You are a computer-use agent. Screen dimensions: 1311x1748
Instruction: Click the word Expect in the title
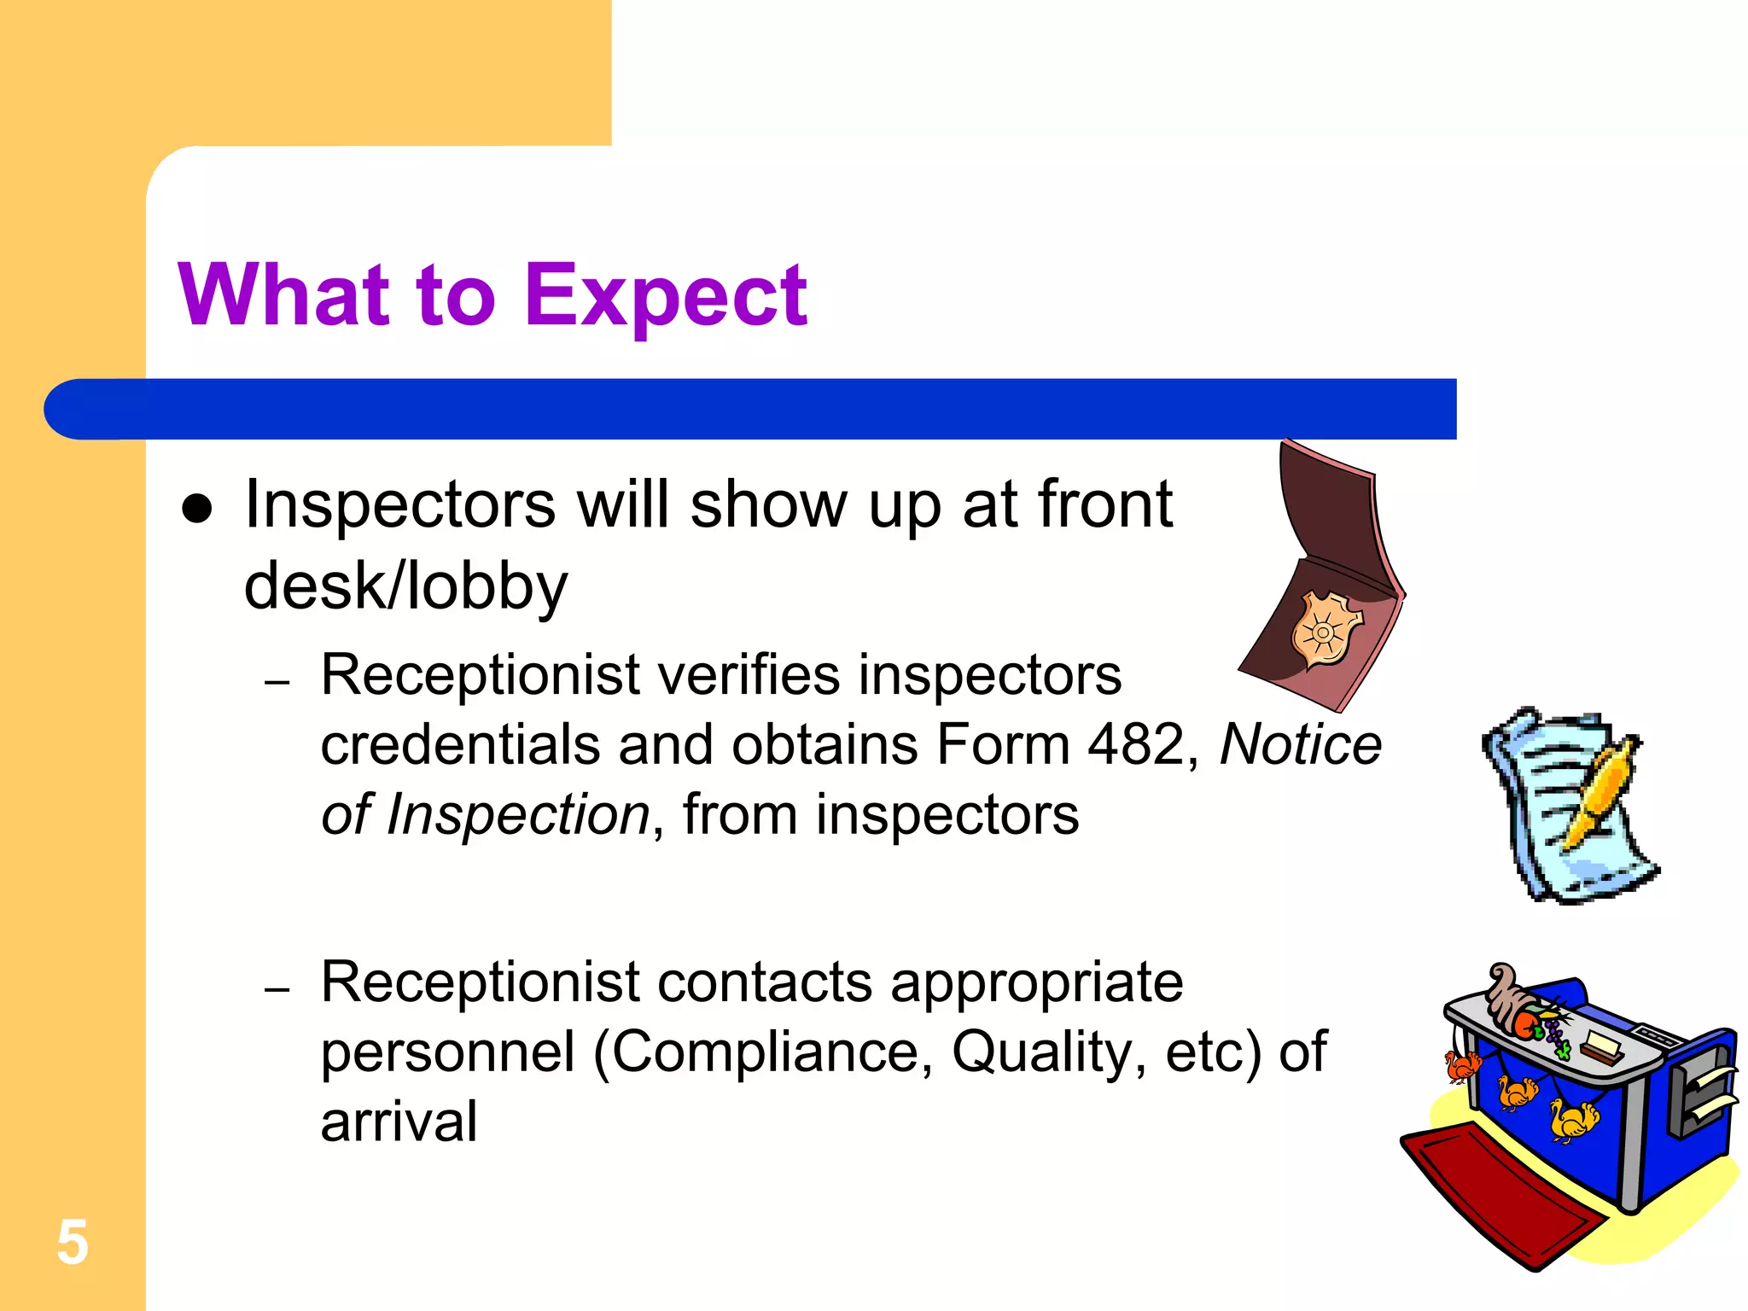tap(665, 296)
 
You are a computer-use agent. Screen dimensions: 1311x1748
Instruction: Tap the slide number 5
tap(73, 1243)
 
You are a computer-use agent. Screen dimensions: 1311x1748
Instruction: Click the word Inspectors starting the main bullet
tap(399, 505)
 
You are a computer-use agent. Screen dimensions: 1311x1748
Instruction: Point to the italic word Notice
tap(1300, 744)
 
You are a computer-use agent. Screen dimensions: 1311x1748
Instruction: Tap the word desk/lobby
tap(405, 586)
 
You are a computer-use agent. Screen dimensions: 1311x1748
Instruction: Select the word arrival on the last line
tap(399, 1122)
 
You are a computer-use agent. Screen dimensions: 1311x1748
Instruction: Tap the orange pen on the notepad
tap(1599, 794)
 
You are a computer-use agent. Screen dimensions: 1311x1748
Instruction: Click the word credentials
tap(462, 744)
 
